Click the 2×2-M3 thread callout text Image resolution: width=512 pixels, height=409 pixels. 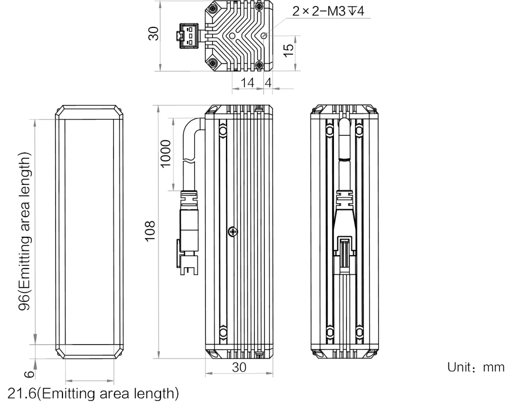(x=328, y=11)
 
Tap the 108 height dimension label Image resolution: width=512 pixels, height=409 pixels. (x=150, y=231)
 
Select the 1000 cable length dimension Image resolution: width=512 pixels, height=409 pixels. (x=166, y=153)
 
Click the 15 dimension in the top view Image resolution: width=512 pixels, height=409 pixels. (x=288, y=50)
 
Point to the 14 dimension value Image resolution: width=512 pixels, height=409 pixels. (x=247, y=82)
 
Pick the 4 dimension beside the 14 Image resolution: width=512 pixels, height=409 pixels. (x=268, y=82)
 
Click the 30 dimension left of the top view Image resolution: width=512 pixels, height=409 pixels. (x=153, y=33)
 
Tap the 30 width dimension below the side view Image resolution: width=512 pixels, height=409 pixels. (x=238, y=367)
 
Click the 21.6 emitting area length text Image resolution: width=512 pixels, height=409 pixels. (x=93, y=394)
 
